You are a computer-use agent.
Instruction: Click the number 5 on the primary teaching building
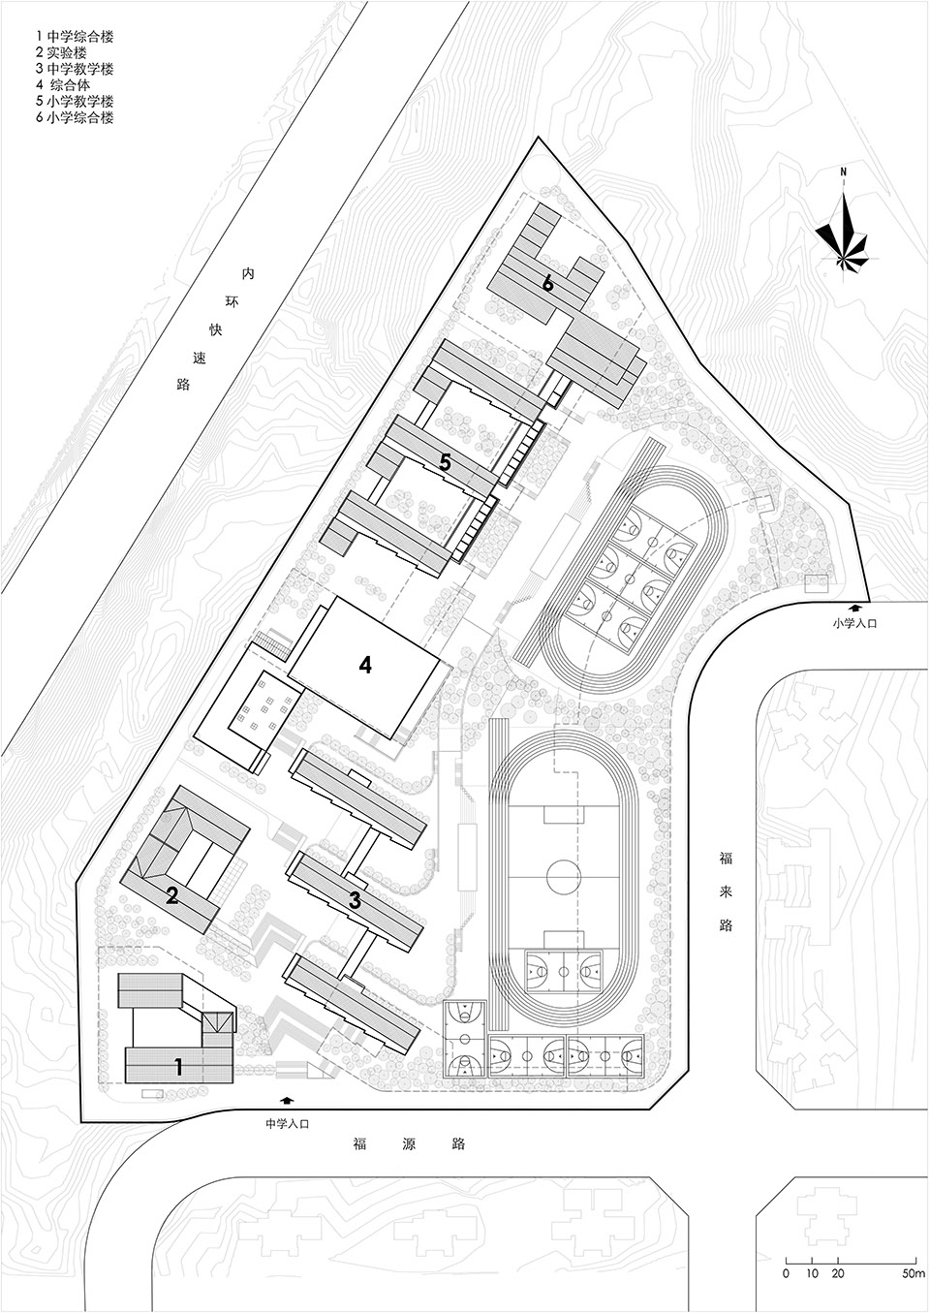[446, 463]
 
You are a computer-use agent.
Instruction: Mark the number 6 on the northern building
[548, 284]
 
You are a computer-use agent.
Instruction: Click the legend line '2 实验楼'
[61, 52]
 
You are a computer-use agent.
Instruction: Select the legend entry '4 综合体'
[63, 85]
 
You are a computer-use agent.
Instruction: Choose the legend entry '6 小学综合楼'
[75, 117]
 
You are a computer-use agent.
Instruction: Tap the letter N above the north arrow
[843, 172]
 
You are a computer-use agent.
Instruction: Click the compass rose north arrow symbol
[843, 234]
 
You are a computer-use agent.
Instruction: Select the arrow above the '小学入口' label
[855, 608]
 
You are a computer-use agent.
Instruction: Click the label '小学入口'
[855, 624]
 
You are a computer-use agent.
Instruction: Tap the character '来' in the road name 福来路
[726, 1069]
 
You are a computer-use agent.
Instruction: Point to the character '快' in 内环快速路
[216, 329]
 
